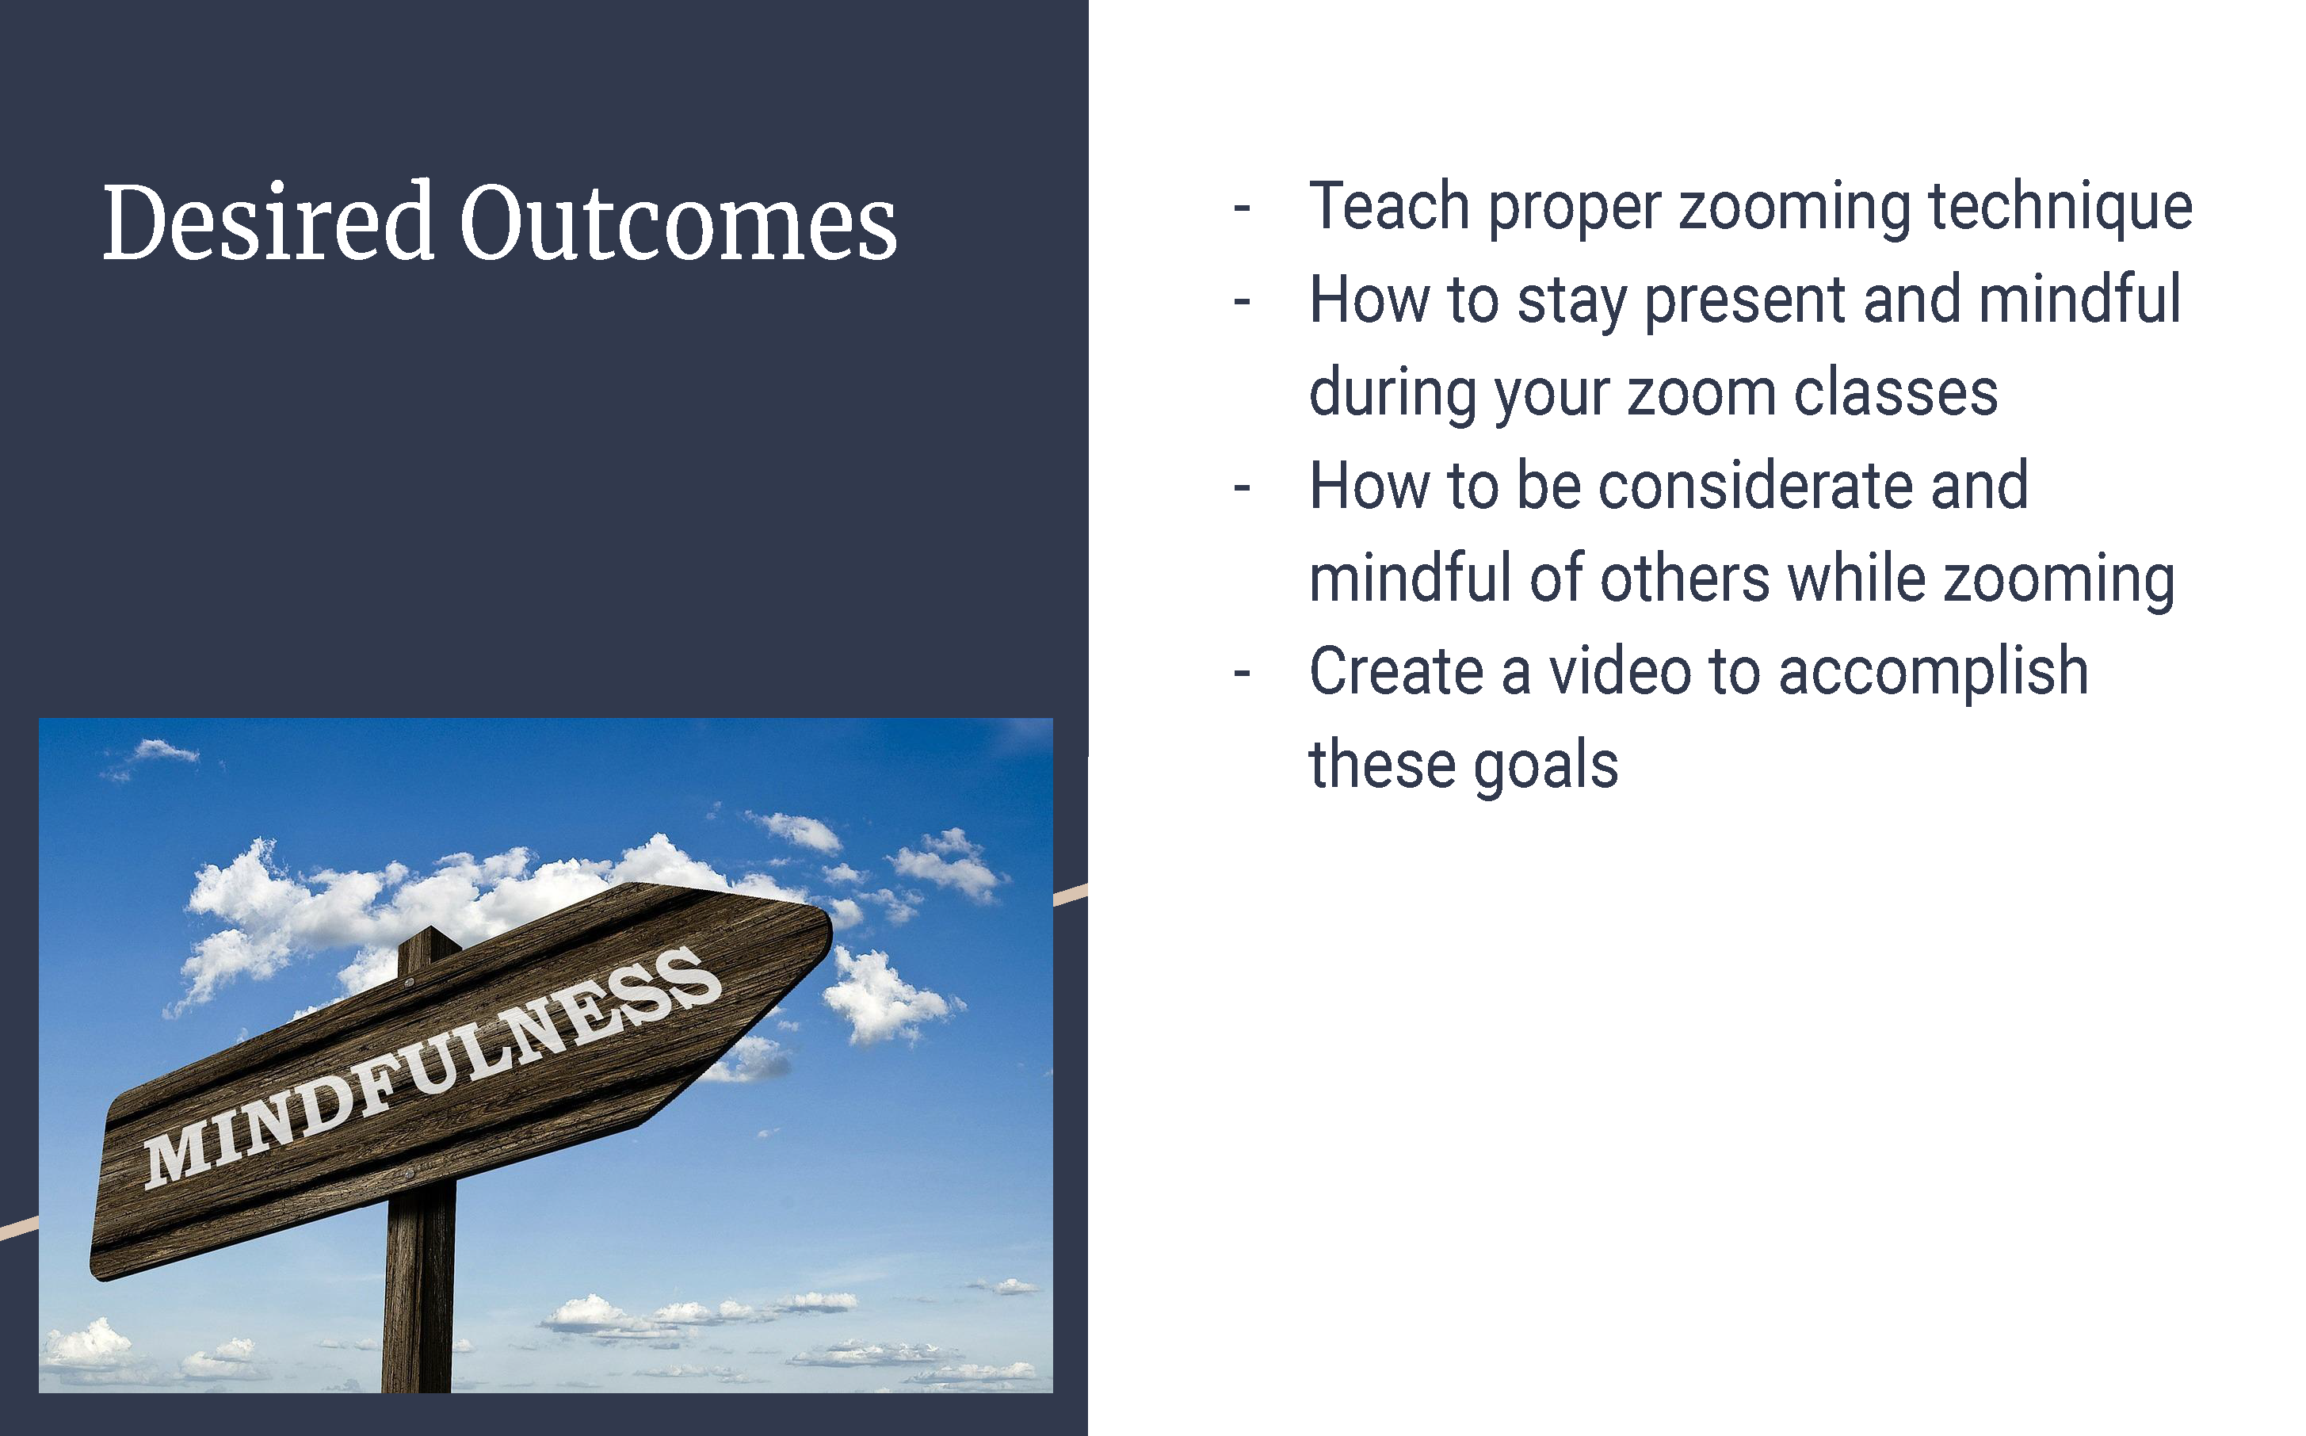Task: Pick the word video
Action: point(1620,671)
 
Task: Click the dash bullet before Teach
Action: point(1242,207)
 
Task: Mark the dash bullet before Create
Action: point(1242,674)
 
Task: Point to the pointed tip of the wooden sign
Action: point(830,929)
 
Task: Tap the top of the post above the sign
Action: point(430,933)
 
